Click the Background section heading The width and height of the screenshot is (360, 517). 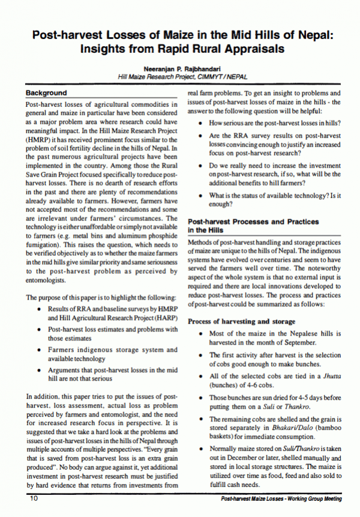pos(46,94)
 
